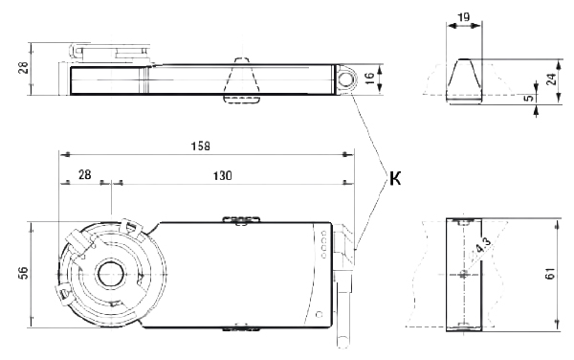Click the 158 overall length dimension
coord(201,146)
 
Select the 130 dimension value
coord(223,176)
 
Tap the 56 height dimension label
coord(23,273)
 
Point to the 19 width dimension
coord(463,17)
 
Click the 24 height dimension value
coord(551,79)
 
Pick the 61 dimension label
coord(551,274)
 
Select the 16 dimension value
coord(369,78)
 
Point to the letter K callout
coord(395,179)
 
